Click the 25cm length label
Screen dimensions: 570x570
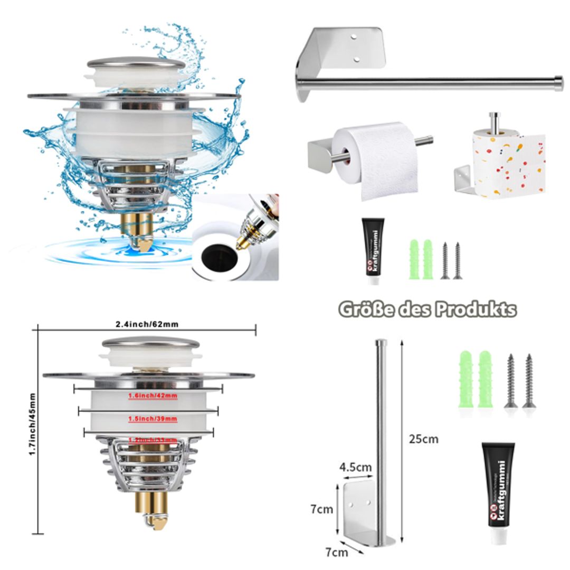click(424, 439)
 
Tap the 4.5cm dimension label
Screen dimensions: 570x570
click(355, 467)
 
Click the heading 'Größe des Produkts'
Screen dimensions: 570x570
click(427, 309)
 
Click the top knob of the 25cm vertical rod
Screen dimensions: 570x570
click(379, 342)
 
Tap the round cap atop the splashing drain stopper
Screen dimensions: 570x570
click(136, 64)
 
